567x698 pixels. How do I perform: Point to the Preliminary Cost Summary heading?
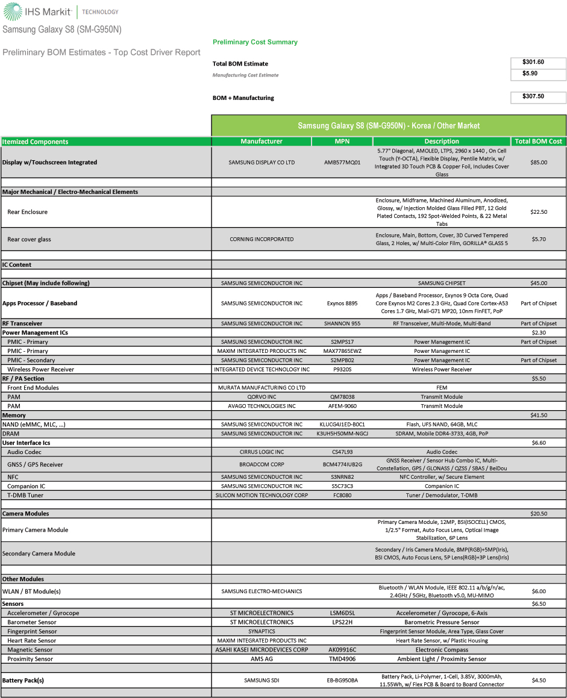click(255, 42)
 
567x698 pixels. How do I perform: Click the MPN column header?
click(342, 142)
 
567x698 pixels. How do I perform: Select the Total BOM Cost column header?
click(538, 142)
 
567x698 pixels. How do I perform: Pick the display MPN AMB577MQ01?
click(342, 162)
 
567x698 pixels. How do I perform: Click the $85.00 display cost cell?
click(538, 162)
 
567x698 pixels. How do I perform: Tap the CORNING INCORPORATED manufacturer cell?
click(262, 239)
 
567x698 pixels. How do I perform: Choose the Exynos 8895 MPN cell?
click(342, 304)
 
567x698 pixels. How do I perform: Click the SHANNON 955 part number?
click(342, 323)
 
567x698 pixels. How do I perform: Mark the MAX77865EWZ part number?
click(342, 351)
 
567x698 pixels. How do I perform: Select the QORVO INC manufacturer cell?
click(262, 397)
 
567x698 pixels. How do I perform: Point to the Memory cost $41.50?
click(538, 416)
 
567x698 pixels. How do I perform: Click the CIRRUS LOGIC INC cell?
click(262, 452)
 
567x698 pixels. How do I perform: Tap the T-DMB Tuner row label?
click(25, 495)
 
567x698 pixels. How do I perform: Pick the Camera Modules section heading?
click(26, 514)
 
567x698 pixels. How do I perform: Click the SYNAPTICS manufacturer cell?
click(262, 631)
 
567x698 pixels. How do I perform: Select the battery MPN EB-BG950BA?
click(342, 681)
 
